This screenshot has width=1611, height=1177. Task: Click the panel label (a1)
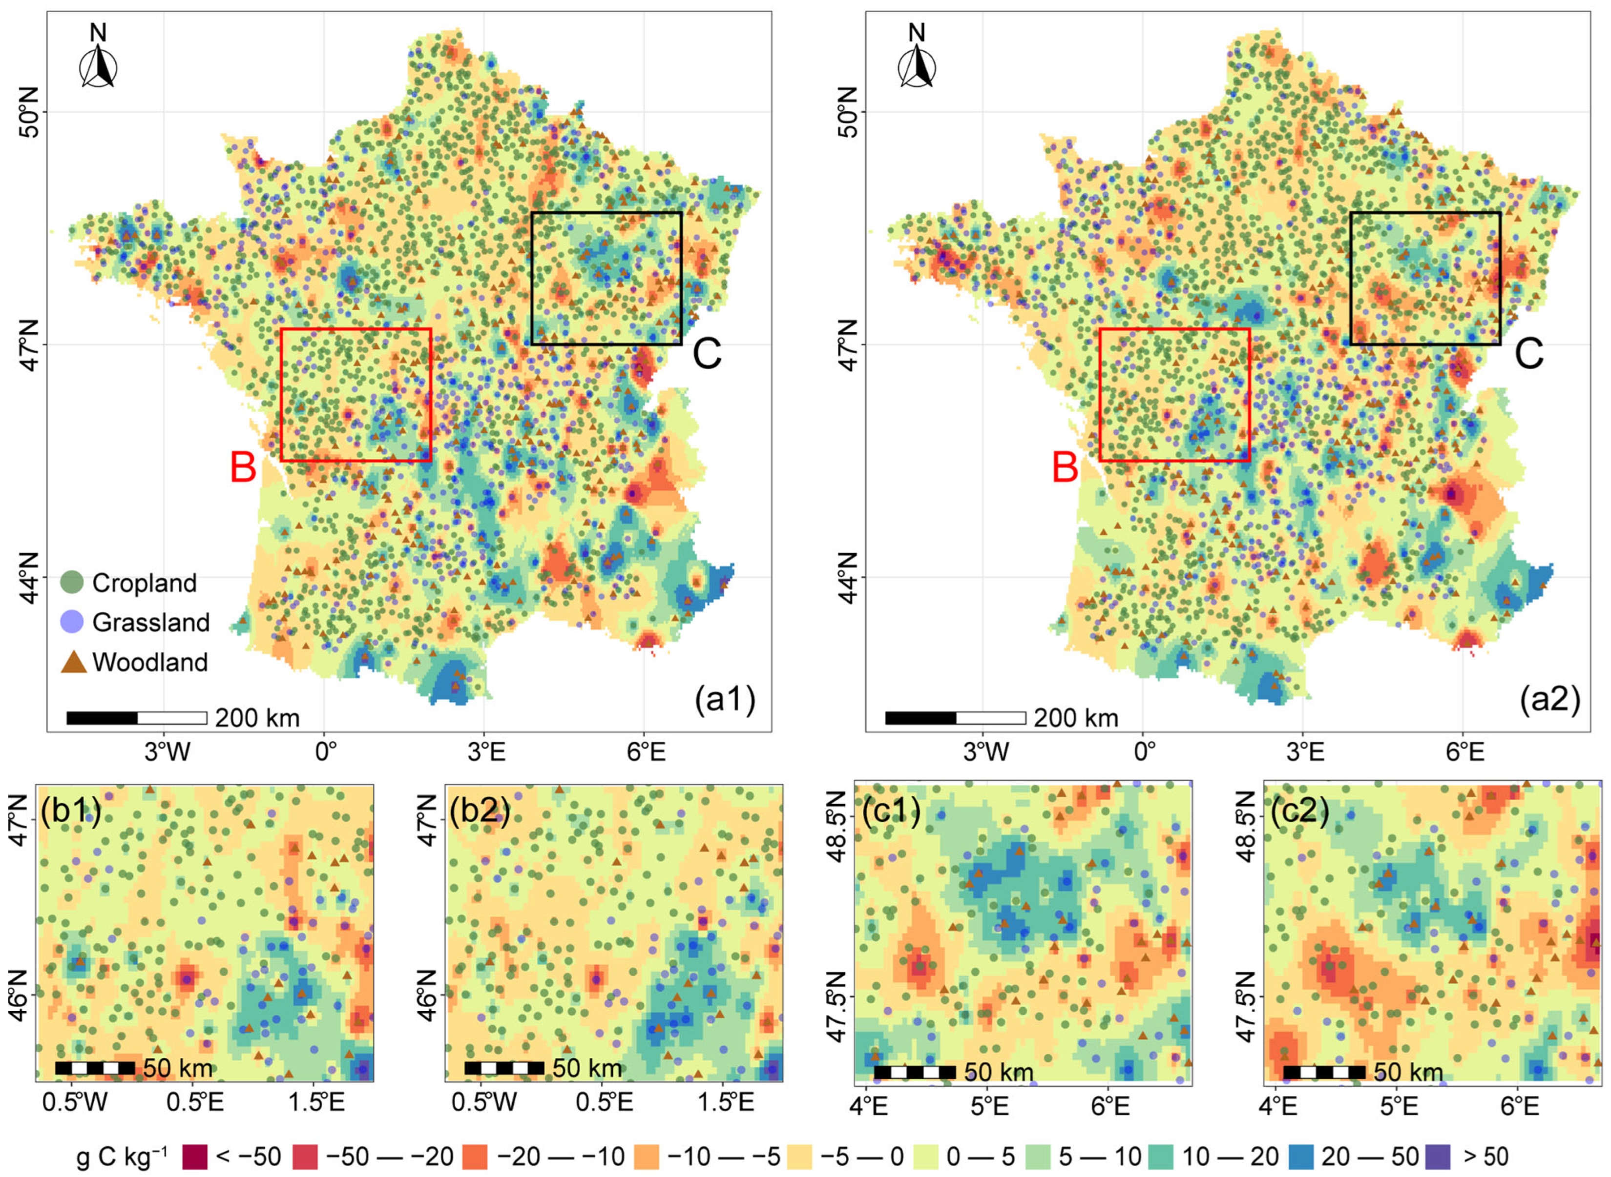pyautogui.click(x=724, y=700)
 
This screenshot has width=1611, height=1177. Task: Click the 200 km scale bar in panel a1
pyautogui.click(x=136, y=717)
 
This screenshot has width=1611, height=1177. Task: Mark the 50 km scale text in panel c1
pyautogui.click(x=998, y=1072)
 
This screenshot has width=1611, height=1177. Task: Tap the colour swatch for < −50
pyautogui.click(x=195, y=1157)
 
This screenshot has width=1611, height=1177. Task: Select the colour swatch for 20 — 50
pyautogui.click(x=1301, y=1157)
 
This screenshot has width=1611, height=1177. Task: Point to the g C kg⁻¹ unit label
pyautogui.click(x=122, y=1157)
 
